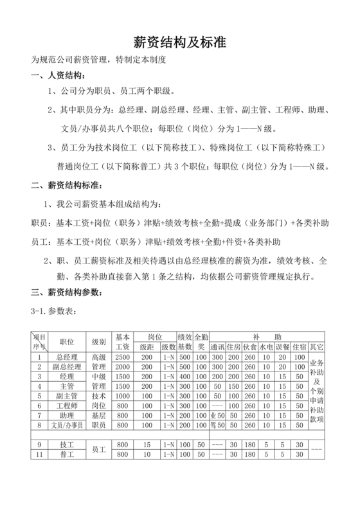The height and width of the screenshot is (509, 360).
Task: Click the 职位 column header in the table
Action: click(67, 341)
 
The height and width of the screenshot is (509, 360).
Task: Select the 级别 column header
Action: click(99, 341)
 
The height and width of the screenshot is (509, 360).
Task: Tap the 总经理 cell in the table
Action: click(67, 357)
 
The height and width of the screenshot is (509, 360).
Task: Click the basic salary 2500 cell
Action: click(123, 357)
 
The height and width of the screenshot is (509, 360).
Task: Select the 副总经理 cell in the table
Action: click(67, 367)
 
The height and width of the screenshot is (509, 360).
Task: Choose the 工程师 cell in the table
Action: click(67, 406)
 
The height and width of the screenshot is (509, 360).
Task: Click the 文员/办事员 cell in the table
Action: click(67, 425)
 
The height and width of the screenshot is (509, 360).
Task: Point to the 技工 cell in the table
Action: click(67, 444)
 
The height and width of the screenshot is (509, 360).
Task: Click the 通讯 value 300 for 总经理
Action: click(217, 357)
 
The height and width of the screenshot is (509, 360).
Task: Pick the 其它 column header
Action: click(317, 346)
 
